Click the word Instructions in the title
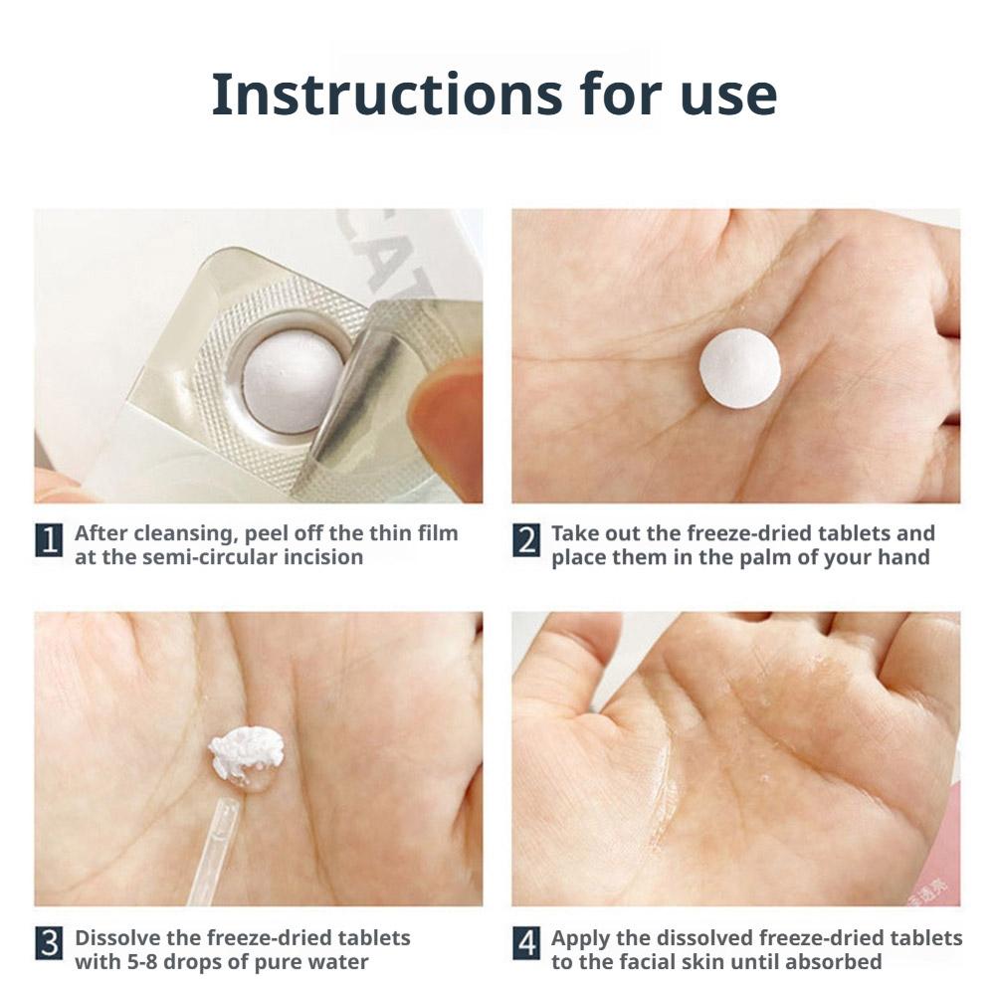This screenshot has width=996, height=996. tap(387, 95)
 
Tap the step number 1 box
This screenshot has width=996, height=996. tap(49, 540)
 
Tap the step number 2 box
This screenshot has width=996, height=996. tap(526, 540)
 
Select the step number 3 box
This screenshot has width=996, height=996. tap(49, 944)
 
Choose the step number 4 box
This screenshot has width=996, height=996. tap(526, 944)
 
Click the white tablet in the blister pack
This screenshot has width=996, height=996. tap(293, 382)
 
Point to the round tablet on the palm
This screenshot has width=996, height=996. tap(739, 366)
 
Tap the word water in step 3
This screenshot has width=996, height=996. tap(336, 962)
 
